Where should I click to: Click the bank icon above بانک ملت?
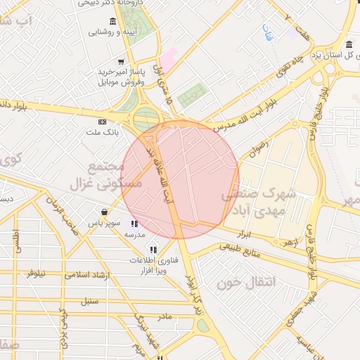point(103,122)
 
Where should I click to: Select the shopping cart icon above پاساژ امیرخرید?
point(122,62)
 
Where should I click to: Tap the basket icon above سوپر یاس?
point(105,212)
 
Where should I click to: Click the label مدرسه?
point(134,234)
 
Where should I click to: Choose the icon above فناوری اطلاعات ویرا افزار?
point(153,250)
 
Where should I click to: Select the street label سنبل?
point(89,301)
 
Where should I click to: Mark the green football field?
point(193,94)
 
